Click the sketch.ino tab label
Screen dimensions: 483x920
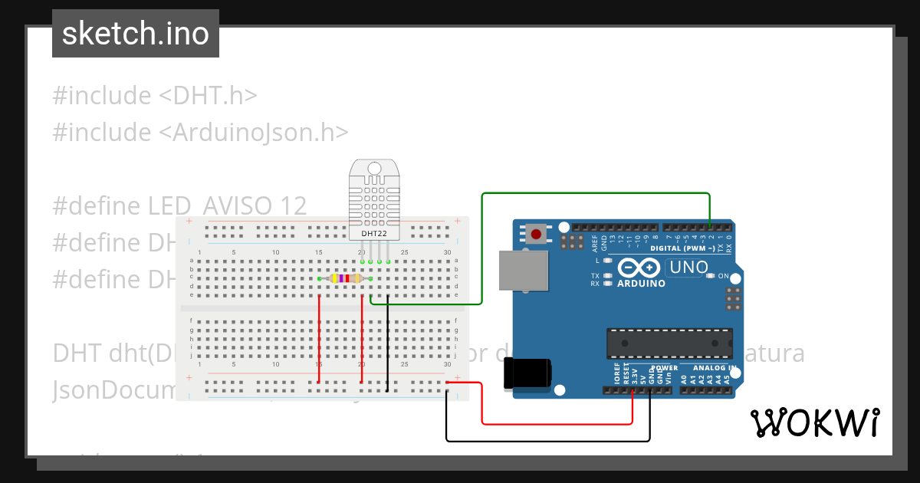(x=136, y=34)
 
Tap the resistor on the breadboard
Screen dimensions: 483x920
(x=345, y=278)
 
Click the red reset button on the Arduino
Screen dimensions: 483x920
(x=536, y=233)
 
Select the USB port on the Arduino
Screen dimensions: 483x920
(x=524, y=271)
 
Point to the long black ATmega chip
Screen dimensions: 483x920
(x=669, y=343)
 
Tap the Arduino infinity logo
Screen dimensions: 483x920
(x=638, y=268)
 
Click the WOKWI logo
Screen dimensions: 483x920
(x=814, y=422)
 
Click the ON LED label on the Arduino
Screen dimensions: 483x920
(x=723, y=276)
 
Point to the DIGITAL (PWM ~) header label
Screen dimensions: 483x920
(x=682, y=248)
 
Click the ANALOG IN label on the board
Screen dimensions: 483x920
(x=709, y=368)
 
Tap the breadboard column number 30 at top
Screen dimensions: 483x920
(x=448, y=252)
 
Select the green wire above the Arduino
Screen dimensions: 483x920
(x=598, y=194)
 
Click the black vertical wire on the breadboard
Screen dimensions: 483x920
(x=388, y=345)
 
